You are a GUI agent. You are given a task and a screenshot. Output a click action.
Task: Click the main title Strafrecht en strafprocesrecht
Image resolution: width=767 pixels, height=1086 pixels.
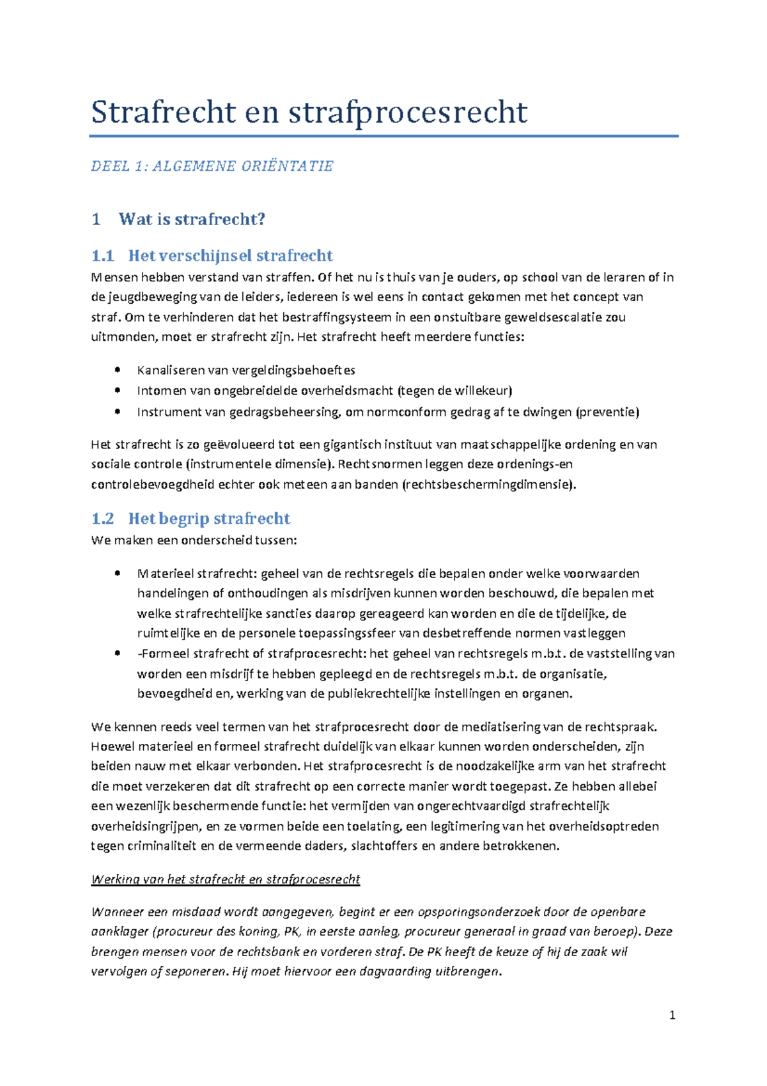(309, 113)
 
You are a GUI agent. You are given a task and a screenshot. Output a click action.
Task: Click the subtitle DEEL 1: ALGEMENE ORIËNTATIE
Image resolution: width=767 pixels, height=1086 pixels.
(212, 166)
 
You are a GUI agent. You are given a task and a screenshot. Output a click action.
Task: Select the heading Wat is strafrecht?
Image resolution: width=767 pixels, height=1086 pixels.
(191, 219)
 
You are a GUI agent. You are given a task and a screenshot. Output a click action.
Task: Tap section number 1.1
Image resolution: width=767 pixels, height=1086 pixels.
(102, 256)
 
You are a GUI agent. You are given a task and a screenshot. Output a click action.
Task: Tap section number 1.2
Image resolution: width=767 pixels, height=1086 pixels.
(102, 519)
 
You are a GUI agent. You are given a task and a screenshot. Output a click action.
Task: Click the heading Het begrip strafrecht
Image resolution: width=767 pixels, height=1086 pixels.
(209, 519)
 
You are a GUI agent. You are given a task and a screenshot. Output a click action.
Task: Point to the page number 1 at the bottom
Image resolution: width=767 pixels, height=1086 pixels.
(672, 1015)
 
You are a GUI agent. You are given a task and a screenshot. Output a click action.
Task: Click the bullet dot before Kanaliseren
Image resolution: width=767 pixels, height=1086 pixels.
(117, 370)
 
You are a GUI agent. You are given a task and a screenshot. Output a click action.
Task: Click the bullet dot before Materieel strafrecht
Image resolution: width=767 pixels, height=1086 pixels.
(117, 574)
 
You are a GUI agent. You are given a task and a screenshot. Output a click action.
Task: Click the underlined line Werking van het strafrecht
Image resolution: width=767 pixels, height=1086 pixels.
(226, 879)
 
